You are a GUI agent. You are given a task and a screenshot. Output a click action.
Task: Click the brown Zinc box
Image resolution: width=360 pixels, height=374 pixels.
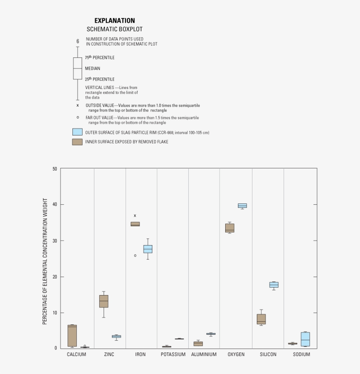(104, 301)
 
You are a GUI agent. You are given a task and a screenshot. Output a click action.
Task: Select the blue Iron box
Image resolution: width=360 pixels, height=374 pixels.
(148, 249)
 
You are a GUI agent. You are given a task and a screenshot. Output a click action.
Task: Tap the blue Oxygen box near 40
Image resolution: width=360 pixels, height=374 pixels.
(242, 205)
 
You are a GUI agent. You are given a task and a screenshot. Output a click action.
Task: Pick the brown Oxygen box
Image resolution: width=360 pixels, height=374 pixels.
(230, 228)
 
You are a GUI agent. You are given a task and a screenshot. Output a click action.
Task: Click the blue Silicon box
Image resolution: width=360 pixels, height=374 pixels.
(274, 285)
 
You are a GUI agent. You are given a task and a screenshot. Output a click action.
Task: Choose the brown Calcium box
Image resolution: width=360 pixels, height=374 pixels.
(72, 336)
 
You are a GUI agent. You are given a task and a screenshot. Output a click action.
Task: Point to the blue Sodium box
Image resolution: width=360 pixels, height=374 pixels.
(305, 339)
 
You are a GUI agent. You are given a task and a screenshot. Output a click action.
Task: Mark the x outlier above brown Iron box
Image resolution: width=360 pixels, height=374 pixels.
(135, 215)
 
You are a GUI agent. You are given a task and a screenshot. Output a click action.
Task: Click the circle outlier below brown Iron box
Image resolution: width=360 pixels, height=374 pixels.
(135, 255)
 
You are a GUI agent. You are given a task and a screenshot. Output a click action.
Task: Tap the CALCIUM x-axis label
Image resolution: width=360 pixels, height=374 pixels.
(76, 354)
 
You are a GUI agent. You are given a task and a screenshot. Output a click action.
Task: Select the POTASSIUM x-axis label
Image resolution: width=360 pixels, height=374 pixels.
(173, 354)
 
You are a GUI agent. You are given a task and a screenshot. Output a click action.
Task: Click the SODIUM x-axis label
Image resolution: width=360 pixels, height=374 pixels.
(301, 354)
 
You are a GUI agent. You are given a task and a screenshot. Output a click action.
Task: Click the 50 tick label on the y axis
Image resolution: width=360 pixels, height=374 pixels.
(54, 169)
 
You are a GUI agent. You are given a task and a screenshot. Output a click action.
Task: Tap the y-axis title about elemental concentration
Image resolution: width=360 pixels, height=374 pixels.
(45, 261)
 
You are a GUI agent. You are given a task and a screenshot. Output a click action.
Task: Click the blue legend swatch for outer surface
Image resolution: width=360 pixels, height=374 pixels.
(77, 132)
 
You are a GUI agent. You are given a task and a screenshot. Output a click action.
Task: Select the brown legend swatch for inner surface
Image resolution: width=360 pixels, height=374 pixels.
(77, 142)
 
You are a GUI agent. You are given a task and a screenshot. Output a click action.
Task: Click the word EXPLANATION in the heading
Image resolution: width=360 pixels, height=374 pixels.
(115, 21)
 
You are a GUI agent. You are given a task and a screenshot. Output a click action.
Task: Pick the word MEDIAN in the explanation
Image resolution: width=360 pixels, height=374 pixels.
(93, 68)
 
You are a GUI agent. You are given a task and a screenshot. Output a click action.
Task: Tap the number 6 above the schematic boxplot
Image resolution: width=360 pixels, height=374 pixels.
(78, 41)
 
